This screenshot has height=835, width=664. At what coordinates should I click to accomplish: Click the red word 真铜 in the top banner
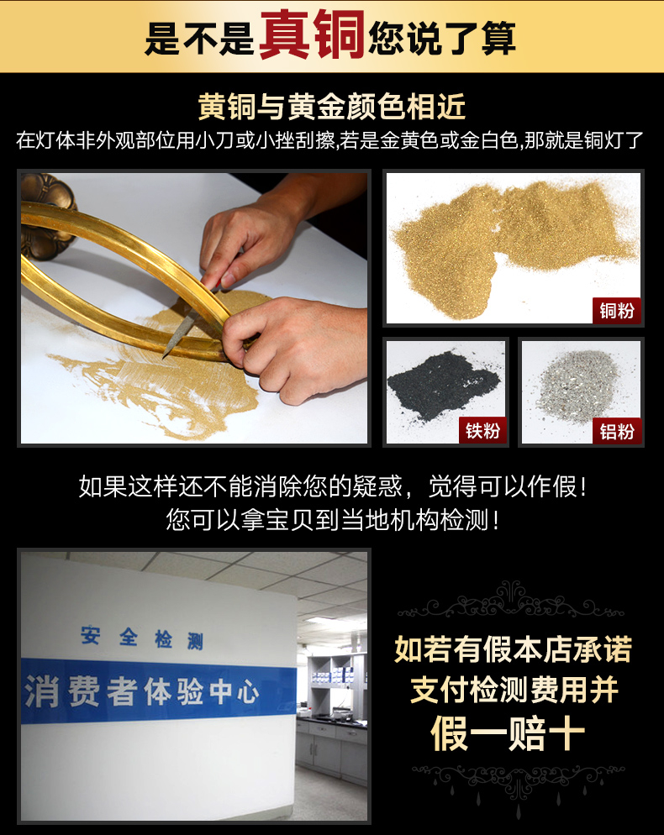pyautogui.click(x=312, y=34)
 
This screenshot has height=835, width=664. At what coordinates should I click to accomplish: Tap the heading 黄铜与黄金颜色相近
pyautogui.click(x=332, y=106)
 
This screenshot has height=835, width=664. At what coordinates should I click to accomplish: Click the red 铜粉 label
pyautogui.click(x=617, y=311)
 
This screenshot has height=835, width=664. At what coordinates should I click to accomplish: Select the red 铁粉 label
pyautogui.click(x=482, y=430)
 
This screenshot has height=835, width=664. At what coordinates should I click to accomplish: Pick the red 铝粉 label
pyautogui.click(x=617, y=430)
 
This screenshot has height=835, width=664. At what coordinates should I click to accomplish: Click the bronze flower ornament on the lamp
pyautogui.click(x=47, y=216)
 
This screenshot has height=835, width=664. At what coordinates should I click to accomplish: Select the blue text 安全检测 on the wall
pyautogui.click(x=142, y=638)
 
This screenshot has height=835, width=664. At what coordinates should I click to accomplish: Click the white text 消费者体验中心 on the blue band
pyautogui.click(x=142, y=691)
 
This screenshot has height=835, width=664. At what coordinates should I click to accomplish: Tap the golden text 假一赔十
pyautogui.click(x=508, y=733)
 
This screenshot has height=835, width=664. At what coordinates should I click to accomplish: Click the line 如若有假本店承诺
pyautogui.click(x=513, y=649)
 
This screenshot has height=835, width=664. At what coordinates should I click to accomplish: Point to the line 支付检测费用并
pyautogui.click(x=514, y=691)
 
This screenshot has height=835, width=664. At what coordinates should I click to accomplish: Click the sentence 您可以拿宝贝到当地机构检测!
pyautogui.click(x=333, y=520)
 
